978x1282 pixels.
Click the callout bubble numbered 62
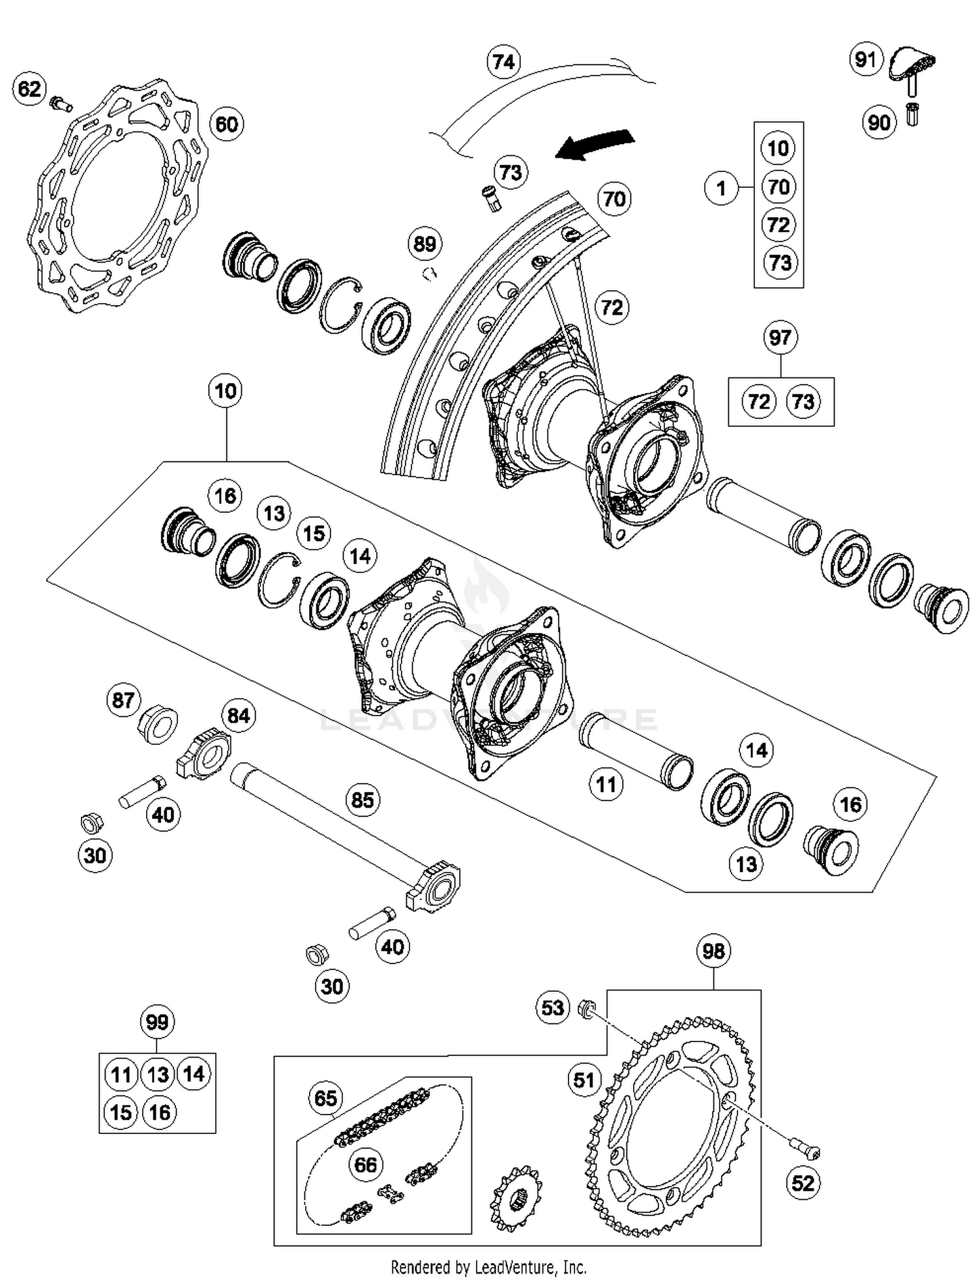29,89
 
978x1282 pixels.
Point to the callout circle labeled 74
503,62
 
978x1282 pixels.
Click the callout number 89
424,244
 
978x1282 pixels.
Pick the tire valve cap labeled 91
913,65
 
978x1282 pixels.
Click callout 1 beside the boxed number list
721,189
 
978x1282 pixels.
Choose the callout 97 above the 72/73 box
780,338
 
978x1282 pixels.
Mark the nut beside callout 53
587,1010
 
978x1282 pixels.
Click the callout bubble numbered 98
713,951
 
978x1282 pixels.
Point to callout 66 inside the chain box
365,1165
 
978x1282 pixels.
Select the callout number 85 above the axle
363,800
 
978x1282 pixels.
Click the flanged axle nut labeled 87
159,723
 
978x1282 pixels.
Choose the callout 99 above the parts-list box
157,1022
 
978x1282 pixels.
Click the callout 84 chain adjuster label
238,716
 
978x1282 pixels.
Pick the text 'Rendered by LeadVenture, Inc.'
488,1267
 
